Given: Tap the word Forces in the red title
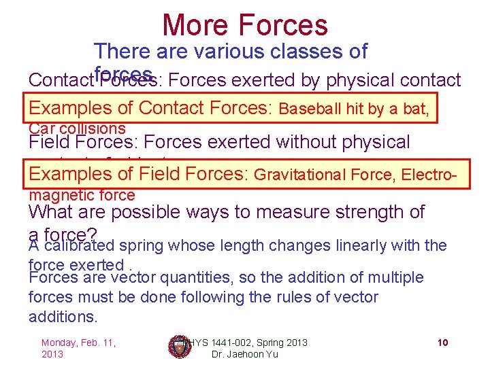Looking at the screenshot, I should (x=282, y=25).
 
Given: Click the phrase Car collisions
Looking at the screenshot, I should (x=77, y=128).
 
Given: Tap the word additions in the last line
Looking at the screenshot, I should (x=63, y=317).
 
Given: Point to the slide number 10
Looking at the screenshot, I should (x=442, y=343).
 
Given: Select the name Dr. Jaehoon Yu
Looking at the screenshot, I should (x=240, y=354).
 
